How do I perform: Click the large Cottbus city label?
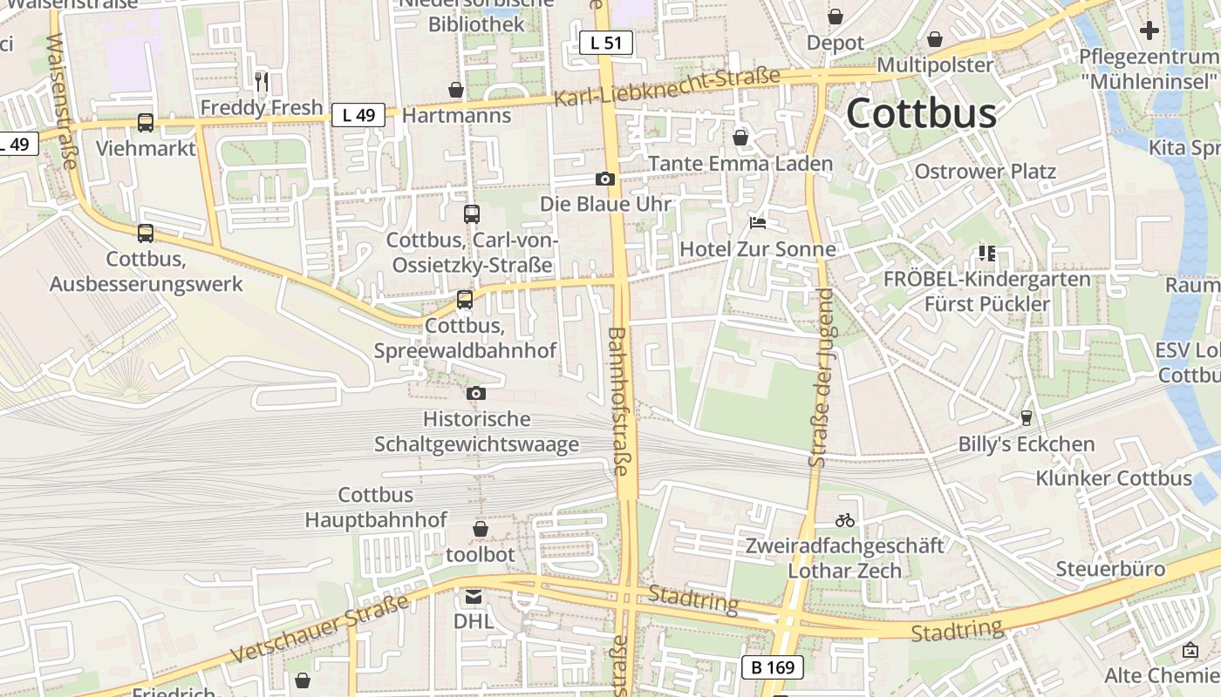tap(921, 113)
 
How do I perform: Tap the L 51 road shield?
tap(606, 42)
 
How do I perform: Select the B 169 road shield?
tap(773, 667)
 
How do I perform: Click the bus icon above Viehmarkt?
tap(146, 124)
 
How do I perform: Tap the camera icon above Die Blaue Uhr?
tap(605, 179)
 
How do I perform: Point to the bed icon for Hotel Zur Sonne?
tap(758, 224)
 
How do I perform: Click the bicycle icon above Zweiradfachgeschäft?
tap(844, 520)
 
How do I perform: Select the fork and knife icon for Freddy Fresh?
tap(261, 82)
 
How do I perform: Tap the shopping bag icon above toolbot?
tap(481, 529)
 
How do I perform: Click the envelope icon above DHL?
tap(473, 597)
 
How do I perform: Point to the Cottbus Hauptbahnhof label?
tap(376, 507)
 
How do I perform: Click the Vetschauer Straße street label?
tap(320, 629)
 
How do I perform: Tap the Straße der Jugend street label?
tap(822, 379)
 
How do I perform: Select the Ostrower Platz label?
tap(985, 171)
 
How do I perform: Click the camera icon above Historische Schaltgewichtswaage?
tap(476, 394)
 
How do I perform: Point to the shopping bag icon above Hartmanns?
tap(456, 90)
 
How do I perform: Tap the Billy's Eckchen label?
tap(1027, 444)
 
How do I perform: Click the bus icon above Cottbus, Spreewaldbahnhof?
tap(465, 300)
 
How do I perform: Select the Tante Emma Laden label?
tap(740, 164)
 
